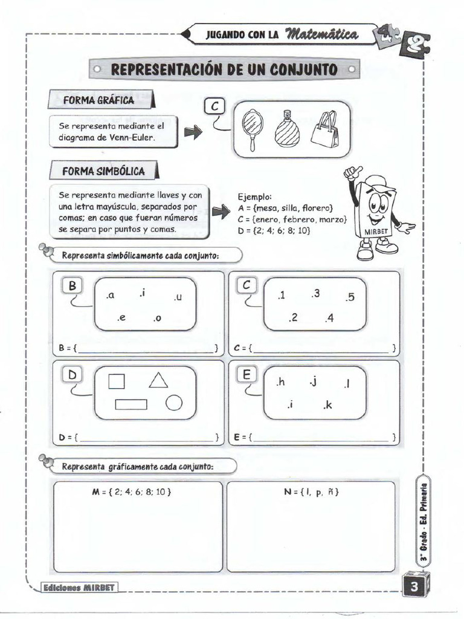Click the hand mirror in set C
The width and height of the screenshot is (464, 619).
pos(252,129)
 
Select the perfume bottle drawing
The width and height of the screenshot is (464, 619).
pos(286,130)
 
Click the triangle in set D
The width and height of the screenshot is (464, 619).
pos(158,380)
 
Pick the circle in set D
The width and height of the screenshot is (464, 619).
pos(174,403)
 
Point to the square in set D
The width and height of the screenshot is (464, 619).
pos(117,381)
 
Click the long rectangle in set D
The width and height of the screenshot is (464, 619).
pos(131,404)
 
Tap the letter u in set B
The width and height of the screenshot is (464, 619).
pos(178,297)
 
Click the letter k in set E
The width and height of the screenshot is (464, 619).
pos(327,406)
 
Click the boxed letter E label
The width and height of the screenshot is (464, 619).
pos(246,375)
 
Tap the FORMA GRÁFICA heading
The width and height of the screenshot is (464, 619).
pos(99,100)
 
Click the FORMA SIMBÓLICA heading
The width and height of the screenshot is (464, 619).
pos(103,171)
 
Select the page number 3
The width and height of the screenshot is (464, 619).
pos(414,586)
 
